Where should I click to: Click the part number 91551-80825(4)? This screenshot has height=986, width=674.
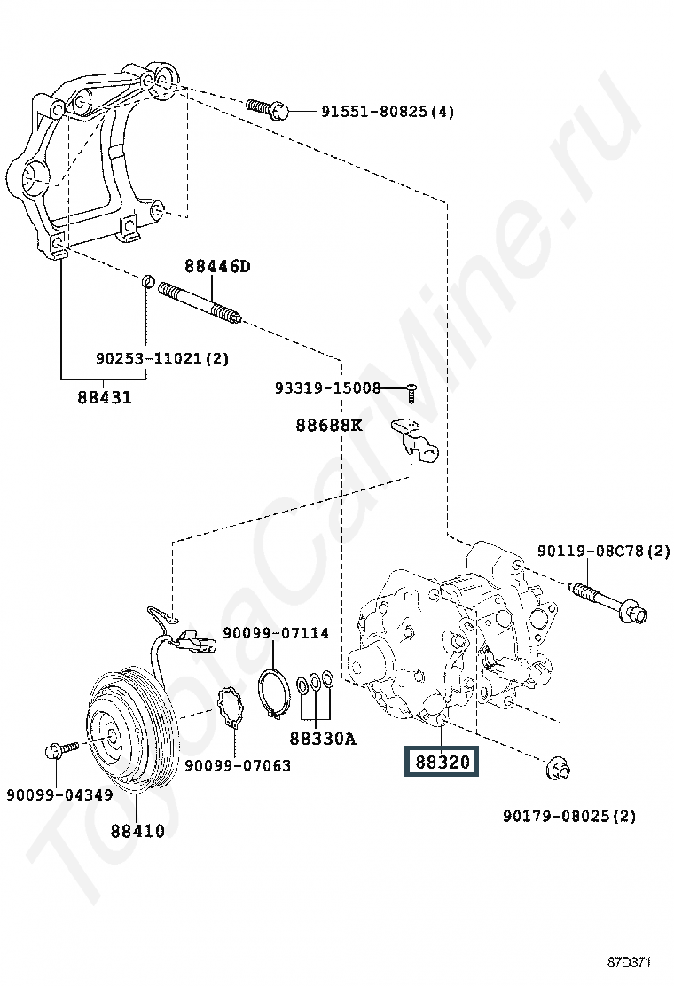pos(388,112)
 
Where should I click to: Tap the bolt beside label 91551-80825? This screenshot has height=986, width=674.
pos(267,109)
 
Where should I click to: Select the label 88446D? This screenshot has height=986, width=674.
pos(217,266)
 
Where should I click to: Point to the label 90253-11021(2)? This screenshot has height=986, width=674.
pos(162,358)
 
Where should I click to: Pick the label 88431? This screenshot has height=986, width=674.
pos(105,397)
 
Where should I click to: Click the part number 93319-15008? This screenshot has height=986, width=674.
pos(327,388)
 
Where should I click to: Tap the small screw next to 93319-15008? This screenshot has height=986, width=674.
pos(411,392)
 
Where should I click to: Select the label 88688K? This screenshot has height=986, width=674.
pos(329,426)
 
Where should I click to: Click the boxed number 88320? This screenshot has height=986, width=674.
pos(442,763)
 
